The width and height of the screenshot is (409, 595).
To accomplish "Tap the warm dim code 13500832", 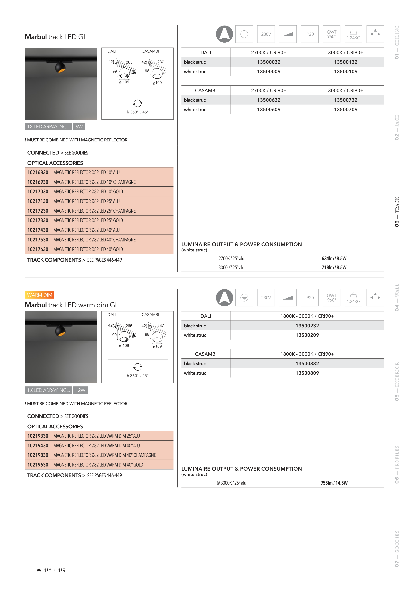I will click(307, 363).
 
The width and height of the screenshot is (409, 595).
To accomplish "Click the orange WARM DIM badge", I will click(39, 295).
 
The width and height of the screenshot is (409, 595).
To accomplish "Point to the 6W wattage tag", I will click(79, 127).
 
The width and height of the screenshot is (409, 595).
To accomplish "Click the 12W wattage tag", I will click(80, 390).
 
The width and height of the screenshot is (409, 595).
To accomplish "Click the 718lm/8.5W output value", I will click(334, 267).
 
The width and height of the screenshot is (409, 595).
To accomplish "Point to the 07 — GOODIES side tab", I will click(397, 549).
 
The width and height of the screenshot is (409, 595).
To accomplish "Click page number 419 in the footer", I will click(62, 570).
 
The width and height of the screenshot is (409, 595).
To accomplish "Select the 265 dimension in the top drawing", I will click(129, 62).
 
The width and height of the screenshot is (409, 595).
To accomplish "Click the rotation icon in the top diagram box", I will click(138, 103).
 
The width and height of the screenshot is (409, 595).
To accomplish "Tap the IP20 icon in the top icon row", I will click(309, 34).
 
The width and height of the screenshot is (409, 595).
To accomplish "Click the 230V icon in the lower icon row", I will click(266, 298).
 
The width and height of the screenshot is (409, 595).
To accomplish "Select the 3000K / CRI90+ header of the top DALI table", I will click(345, 53).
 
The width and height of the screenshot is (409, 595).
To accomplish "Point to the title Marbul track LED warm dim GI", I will click(71, 305).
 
